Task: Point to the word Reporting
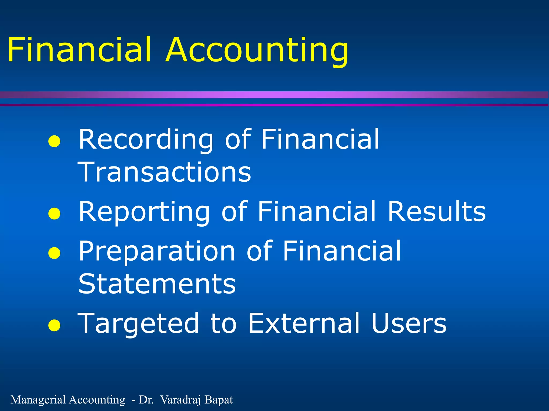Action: tap(144, 212)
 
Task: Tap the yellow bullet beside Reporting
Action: tap(54, 214)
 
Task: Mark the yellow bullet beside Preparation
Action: tap(54, 253)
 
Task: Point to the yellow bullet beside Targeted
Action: tap(54, 325)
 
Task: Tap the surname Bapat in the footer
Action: tap(219, 400)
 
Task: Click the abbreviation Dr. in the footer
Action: tap(146, 400)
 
